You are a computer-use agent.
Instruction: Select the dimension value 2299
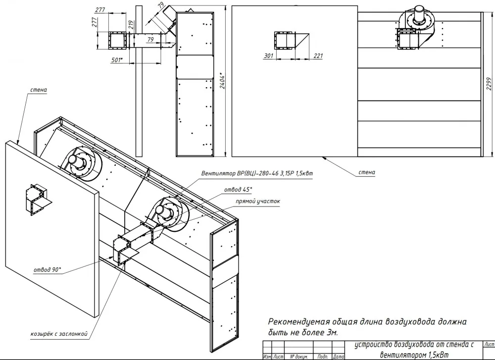(x=489, y=84)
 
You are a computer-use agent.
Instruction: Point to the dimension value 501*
(x=117, y=60)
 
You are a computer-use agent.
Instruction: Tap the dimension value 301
(x=268, y=56)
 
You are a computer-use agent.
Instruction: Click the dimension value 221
(x=318, y=56)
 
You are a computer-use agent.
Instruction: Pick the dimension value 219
(x=131, y=25)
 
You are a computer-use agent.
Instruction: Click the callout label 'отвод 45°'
(x=238, y=190)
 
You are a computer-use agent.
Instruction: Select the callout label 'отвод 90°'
(x=48, y=270)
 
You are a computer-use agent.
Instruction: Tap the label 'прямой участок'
(x=257, y=202)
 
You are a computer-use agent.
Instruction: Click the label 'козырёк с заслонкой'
(x=59, y=334)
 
